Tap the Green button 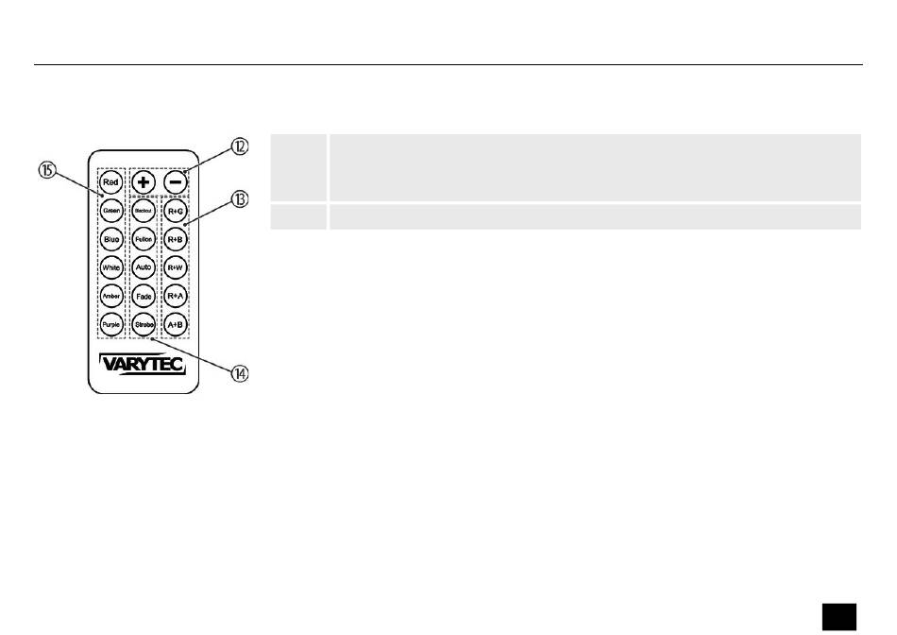111,211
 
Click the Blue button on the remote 111,239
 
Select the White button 111,267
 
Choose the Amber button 111,296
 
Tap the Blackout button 144,211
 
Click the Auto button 144,267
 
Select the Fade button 144,296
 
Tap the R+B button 175,239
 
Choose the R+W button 175,267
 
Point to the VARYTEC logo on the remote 144,363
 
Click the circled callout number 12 240,146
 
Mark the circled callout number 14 241,373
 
